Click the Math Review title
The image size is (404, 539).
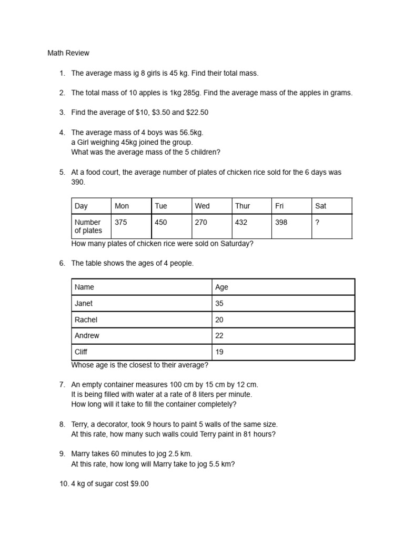coord(68,53)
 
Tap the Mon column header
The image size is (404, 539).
coord(122,206)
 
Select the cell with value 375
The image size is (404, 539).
coord(121,222)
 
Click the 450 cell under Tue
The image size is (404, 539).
coord(161,222)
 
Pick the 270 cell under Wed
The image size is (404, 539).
coord(201,222)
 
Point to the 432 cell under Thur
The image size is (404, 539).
coord(241,222)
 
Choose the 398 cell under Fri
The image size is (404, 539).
coord(281,222)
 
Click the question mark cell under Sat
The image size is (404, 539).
coord(317,222)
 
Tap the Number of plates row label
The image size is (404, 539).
coord(88,226)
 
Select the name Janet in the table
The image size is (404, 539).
coord(84,303)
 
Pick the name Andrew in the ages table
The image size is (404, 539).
coord(87,335)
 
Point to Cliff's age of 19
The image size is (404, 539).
coord(219,352)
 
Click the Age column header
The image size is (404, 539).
coord(222,287)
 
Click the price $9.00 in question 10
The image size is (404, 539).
coord(139,484)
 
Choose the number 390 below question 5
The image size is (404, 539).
coord(77,182)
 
